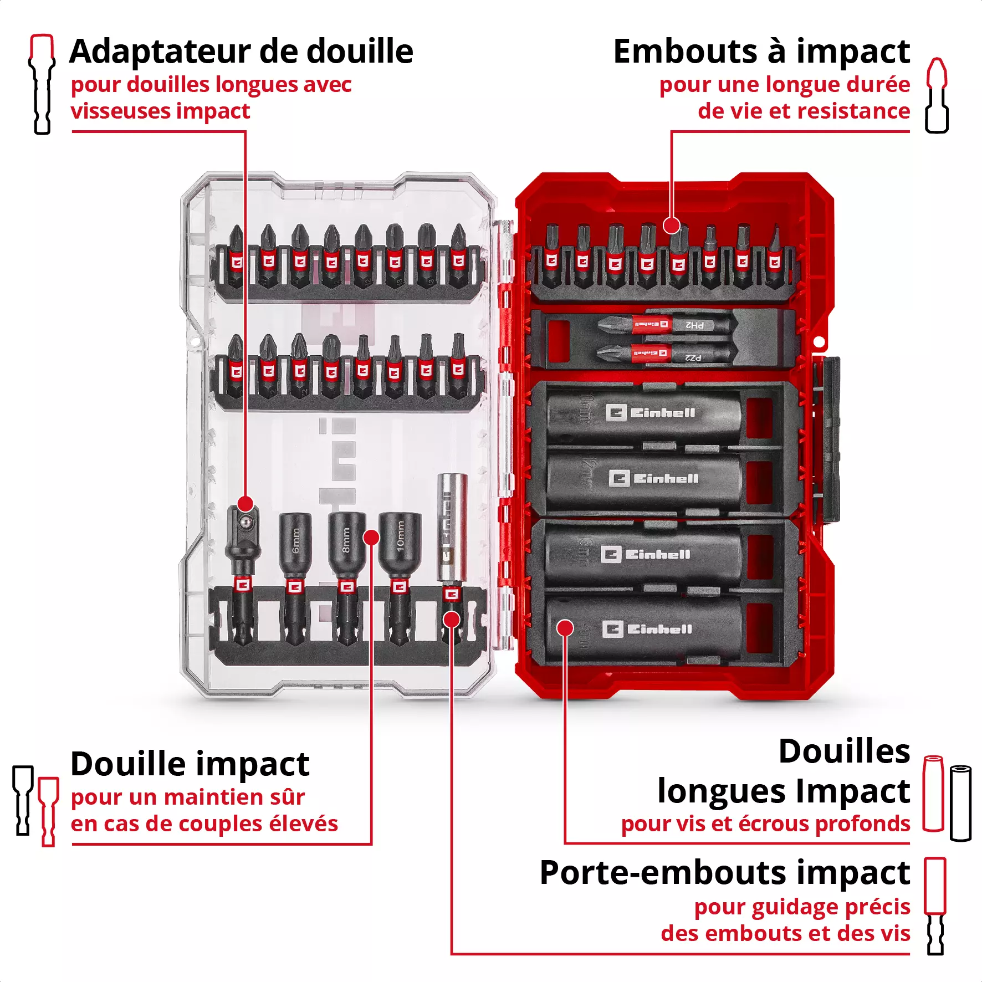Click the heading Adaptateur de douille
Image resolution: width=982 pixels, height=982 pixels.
pyautogui.click(x=242, y=52)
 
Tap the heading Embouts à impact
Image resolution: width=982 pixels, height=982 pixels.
pyautogui.click(x=761, y=52)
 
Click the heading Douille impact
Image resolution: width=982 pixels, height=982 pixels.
pyautogui.click(x=190, y=764)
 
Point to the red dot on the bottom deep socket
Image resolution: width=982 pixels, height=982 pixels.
pyautogui.click(x=565, y=628)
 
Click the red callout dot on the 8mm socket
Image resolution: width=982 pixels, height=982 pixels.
pyautogui.click(x=371, y=537)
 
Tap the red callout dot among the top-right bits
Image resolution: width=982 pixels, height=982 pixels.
pyautogui.click(x=671, y=226)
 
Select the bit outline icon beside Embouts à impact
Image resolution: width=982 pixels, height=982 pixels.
pyautogui.click(x=937, y=95)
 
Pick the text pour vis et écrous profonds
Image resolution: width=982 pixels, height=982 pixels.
pyautogui.click(x=765, y=824)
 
